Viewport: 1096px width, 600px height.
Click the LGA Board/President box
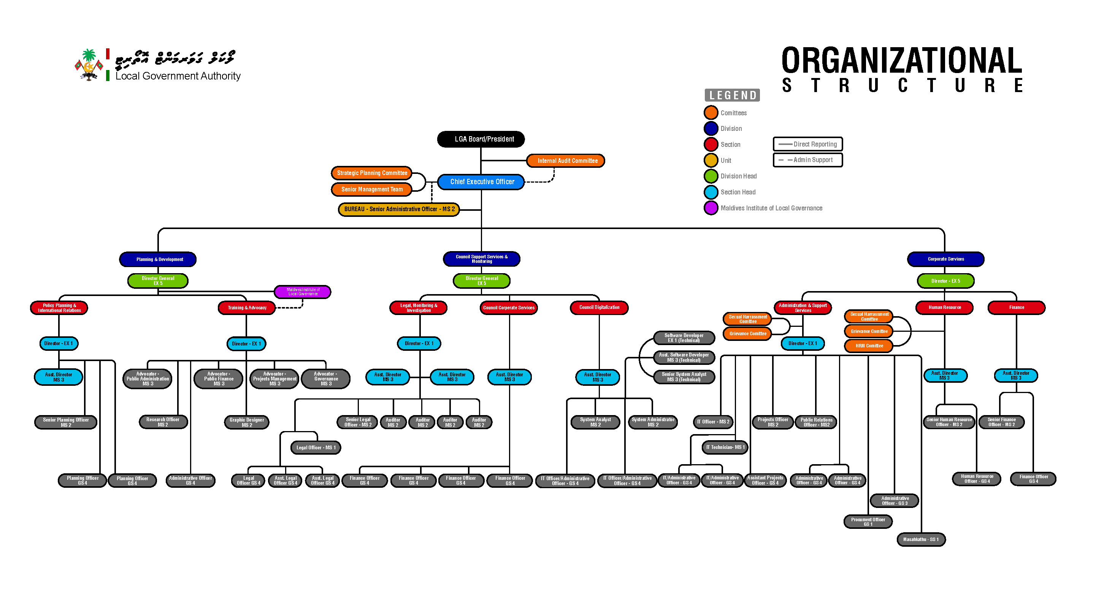pyautogui.click(x=481, y=139)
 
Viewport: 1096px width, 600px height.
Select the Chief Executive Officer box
pyautogui.click(x=481, y=182)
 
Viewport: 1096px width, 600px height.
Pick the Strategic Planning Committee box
pyautogui.click(x=371, y=173)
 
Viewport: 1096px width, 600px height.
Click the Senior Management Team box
pyautogui.click(x=371, y=189)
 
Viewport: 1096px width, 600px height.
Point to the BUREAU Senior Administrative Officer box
pyautogui.click(x=399, y=210)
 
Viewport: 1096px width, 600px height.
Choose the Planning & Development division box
pyautogui.click(x=158, y=259)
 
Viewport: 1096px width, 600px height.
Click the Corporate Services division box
pyautogui.click(x=945, y=259)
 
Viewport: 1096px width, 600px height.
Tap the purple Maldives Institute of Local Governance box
pyautogui.click(x=303, y=292)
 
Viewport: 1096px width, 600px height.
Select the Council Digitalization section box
pyautogui.click(x=599, y=307)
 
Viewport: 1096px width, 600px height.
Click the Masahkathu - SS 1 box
pyautogui.click(x=921, y=540)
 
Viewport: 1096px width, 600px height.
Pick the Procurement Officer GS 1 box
pyautogui.click(x=868, y=522)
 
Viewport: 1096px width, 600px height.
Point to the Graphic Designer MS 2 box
pyautogui.click(x=246, y=422)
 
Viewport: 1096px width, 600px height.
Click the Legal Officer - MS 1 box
pyautogui.click(x=316, y=447)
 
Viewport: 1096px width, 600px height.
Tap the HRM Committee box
pyautogui.click(x=869, y=346)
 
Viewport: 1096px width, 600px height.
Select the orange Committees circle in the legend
pyautogui.click(x=711, y=113)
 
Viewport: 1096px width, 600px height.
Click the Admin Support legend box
pyautogui.click(x=807, y=160)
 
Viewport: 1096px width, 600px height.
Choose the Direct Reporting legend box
pyautogui.click(x=807, y=144)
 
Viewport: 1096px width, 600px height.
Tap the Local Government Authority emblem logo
pyautogui.click(x=89, y=65)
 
